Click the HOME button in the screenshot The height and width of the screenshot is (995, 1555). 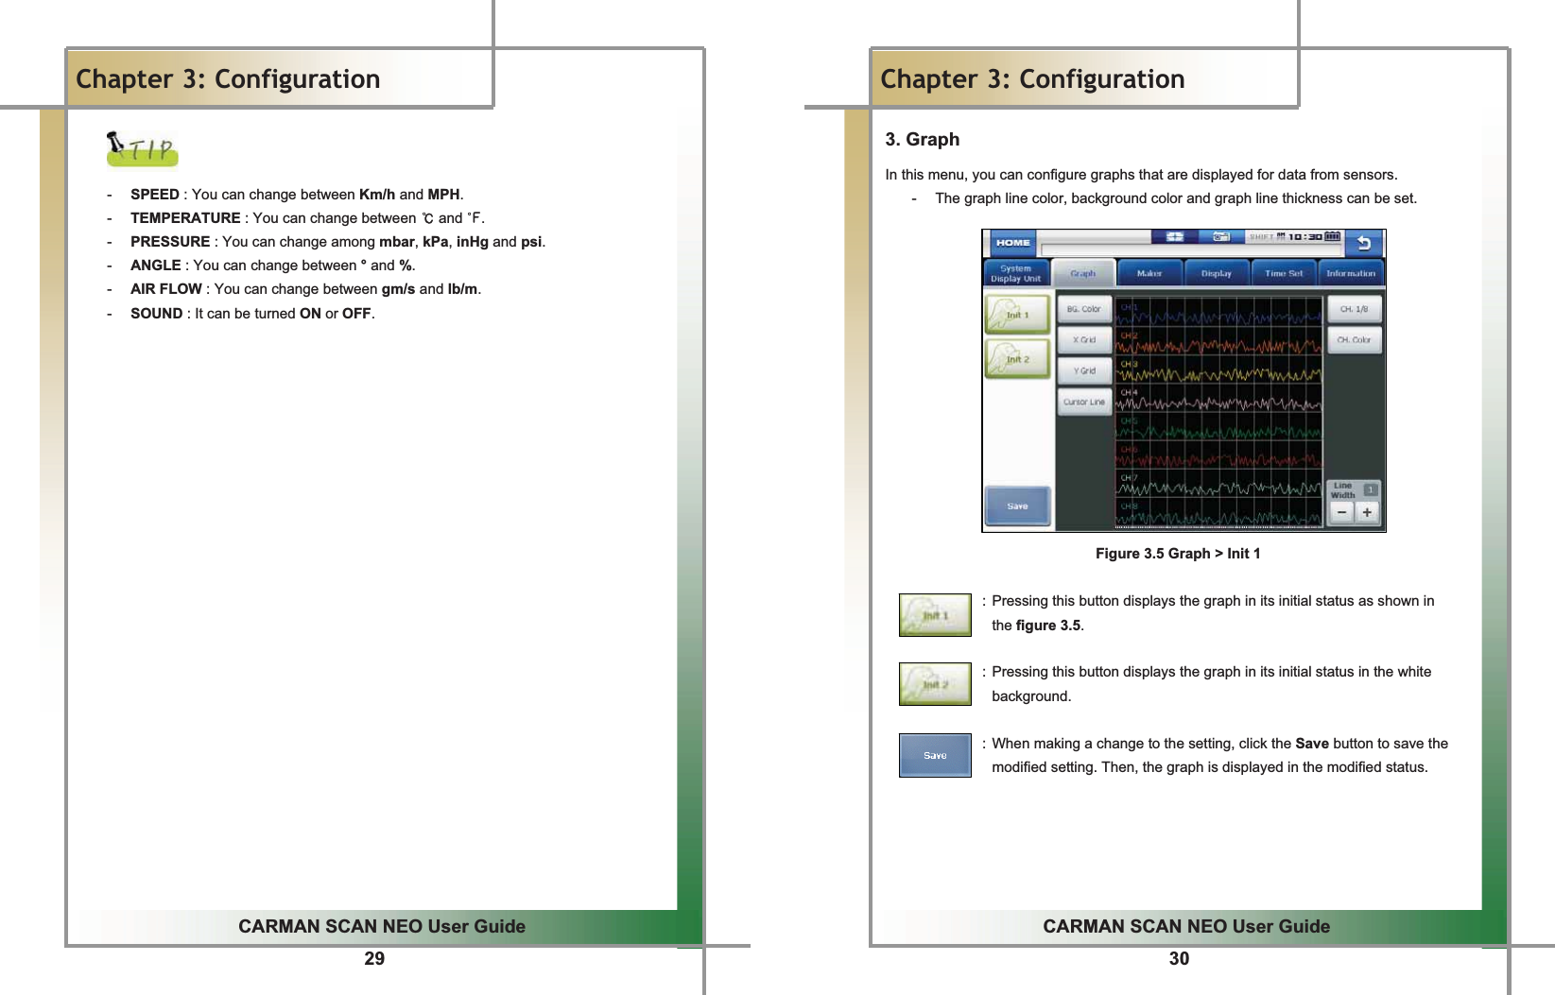click(1012, 243)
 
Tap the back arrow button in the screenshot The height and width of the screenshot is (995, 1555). click(1363, 244)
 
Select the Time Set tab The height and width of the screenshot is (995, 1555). click(1283, 273)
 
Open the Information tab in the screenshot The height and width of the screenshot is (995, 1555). click(1350, 273)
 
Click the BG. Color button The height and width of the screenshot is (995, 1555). click(1083, 309)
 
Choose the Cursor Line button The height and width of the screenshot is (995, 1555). click(1083, 402)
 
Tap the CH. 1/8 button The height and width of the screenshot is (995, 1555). click(1354, 309)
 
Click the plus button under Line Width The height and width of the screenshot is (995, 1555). click(1367, 512)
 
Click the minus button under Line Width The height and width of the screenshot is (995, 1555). click(1341, 512)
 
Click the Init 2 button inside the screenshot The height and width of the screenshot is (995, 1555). click(1017, 359)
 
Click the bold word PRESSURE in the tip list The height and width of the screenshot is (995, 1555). click(170, 242)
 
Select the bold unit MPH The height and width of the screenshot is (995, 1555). click(443, 195)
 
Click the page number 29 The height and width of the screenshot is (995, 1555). click(374, 959)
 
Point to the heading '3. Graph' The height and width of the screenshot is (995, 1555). click(922, 140)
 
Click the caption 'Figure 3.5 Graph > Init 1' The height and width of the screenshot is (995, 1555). click(1177, 554)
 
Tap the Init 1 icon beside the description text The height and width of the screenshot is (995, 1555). click(934, 615)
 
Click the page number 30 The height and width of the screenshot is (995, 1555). click(1179, 959)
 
